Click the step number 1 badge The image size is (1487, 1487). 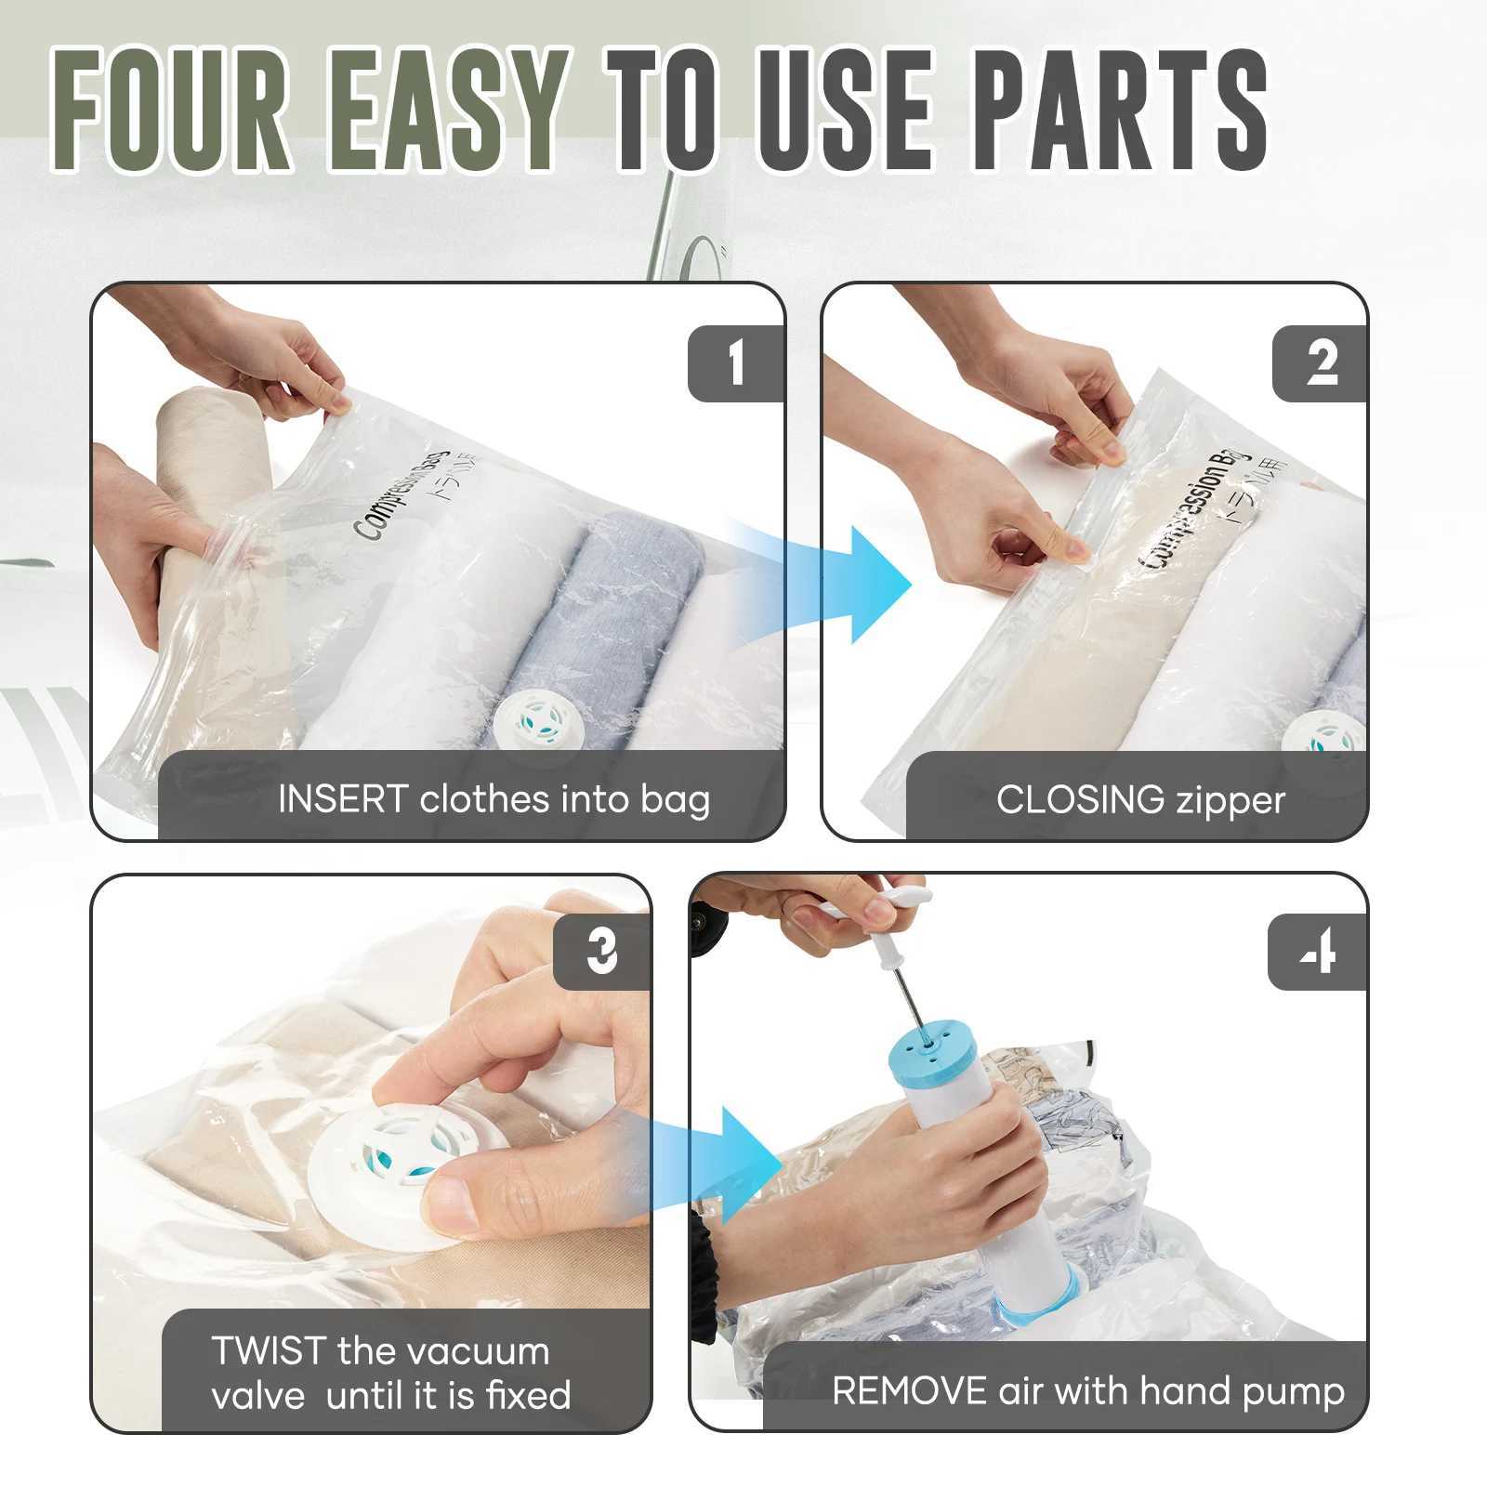[x=736, y=363]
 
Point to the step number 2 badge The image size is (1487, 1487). [x=1320, y=363]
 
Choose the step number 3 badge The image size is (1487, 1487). [x=601, y=952]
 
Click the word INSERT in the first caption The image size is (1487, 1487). [x=343, y=799]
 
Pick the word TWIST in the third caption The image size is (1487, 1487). [x=269, y=1350]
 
